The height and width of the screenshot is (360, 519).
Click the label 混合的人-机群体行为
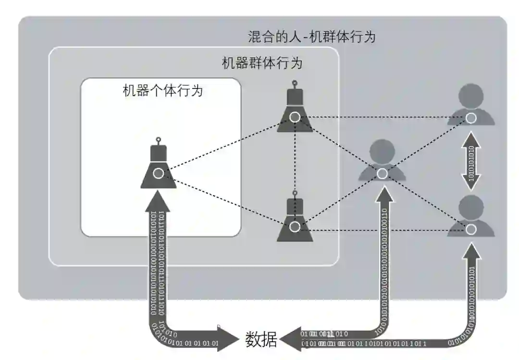[311, 37]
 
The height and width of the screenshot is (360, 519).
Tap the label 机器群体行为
[262, 63]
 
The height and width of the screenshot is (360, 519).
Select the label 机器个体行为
[163, 90]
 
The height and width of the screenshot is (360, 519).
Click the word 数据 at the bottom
[261, 340]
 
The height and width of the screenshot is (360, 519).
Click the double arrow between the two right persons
[471, 162]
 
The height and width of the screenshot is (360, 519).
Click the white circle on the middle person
[382, 174]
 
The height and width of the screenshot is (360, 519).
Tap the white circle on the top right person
[471, 118]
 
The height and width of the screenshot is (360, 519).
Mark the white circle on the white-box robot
[158, 174]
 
